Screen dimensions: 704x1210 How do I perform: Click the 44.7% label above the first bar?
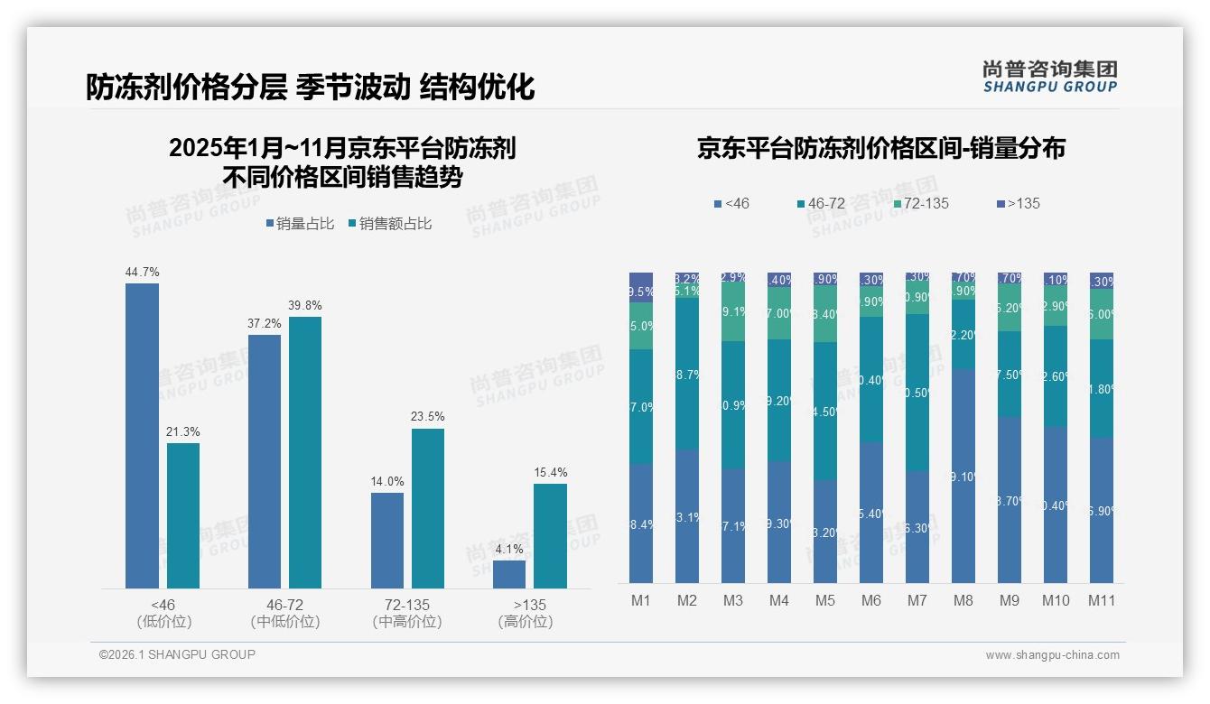point(142,272)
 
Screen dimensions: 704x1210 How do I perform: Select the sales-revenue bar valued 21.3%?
point(183,515)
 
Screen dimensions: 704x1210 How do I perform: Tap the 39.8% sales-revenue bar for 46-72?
point(305,452)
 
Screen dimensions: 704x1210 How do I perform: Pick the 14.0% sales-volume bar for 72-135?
point(387,540)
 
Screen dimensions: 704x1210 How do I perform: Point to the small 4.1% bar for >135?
point(509,574)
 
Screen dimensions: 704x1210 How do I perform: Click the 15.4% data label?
point(550,472)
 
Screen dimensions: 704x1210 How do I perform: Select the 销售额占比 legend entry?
point(389,224)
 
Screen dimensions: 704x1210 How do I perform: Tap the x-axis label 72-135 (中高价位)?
point(407,613)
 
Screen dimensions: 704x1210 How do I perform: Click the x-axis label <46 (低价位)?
point(163,613)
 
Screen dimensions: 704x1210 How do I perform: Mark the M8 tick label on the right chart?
point(963,601)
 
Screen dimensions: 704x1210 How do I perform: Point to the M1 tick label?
point(641,601)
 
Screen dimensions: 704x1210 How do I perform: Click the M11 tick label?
point(1101,601)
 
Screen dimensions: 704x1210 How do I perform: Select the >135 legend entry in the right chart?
point(1019,203)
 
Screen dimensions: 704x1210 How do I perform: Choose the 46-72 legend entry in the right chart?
point(821,203)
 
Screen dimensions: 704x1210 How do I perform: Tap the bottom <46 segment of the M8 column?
point(963,476)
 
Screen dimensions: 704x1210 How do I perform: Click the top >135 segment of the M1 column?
point(641,280)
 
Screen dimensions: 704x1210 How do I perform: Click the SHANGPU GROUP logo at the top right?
point(1050,77)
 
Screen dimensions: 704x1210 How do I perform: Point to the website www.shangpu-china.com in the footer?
point(1052,655)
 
